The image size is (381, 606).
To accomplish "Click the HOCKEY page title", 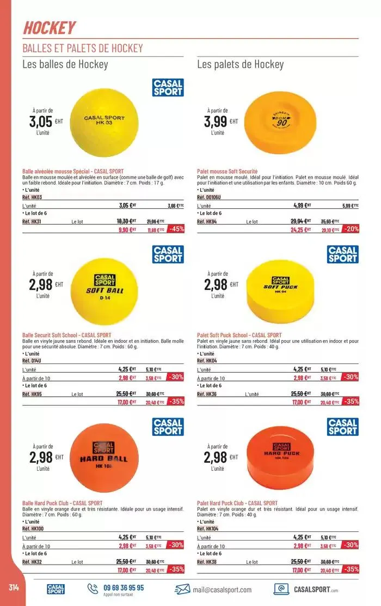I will pos(49,27).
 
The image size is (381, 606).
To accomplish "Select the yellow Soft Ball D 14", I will pos(105,289).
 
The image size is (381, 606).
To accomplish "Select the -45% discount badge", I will pos(176,229).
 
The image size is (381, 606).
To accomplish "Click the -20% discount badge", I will pos(351,229).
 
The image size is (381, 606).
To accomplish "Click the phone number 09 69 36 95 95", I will pos(124,587).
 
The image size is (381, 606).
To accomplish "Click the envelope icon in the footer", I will pos(182,590).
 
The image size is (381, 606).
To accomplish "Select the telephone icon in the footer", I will pos(92,588).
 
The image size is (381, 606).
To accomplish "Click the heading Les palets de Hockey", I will pos(240,65).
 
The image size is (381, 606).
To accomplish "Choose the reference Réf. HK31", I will pos(32,222).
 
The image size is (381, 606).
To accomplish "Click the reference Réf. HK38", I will pos(207,562).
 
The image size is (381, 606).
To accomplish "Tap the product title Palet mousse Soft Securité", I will pos(227,171).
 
